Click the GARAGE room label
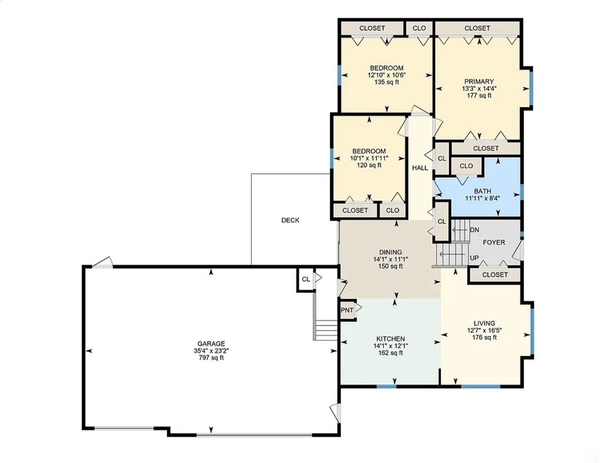(x=211, y=344)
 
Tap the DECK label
(x=290, y=220)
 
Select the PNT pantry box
(x=347, y=310)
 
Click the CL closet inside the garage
(x=306, y=280)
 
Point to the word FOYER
(x=494, y=242)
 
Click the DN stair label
(x=474, y=230)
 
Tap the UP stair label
(x=474, y=258)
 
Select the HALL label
(x=420, y=168)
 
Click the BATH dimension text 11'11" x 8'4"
(x=482, y=198)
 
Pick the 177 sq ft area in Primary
(x=479, y=96)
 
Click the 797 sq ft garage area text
(x=211, y=358)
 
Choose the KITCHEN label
(x=390, y=339)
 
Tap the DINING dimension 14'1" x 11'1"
(x=390, y=259)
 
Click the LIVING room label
(x=484, y=323)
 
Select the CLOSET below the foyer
(x=495, y=275)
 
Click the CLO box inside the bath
(x=466, y=166)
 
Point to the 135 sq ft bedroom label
(x=386, y=82)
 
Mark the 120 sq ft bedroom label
(x=369, y=165)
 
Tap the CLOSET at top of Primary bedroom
(x=477, y=28)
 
